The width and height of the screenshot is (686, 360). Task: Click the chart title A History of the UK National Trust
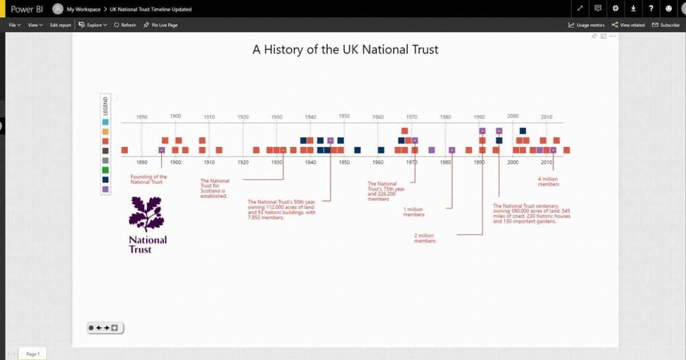point(345,50)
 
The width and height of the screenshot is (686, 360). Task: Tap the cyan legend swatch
point(105,122)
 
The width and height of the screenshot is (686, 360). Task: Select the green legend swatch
point(105,170)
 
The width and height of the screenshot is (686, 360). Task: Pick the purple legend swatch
point(105,189)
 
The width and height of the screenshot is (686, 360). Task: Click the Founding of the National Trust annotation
point(149,179)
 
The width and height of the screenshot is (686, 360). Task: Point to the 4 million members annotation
point(548,182)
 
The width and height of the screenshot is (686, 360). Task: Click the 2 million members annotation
point(425,238)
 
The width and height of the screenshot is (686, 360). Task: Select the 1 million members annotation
point(414,212)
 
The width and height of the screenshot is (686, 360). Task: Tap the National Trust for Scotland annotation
point(214,189)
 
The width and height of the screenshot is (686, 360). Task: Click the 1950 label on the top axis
point(344,116)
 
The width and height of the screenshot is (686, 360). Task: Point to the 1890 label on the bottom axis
point(142,162)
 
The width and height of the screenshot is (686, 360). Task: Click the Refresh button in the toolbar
point(125,25)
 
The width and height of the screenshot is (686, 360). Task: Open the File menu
point(15,25)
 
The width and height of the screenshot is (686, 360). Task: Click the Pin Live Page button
point(161,25)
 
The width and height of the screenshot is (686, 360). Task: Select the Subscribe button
point(666,25)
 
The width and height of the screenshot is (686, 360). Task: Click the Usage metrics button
point(587,25)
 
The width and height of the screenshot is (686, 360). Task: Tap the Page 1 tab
point(33,354)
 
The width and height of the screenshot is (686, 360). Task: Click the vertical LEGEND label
point(105,106)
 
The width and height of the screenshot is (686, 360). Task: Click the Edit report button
point(61,25)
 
